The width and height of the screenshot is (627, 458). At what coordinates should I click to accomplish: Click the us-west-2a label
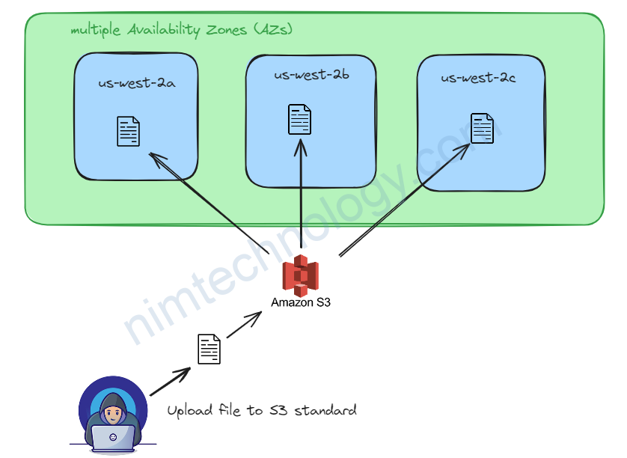coord(137,83)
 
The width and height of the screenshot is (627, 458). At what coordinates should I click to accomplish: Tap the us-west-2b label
coord(311,76)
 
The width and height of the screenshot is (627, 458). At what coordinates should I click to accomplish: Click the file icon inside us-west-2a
coord(128,132)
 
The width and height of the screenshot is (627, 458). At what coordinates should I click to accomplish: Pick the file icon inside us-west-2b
coord(300,120)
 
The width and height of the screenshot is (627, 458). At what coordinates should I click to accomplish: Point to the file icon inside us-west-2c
coord(482,128)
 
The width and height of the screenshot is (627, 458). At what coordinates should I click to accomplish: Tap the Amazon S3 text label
coord(301,303)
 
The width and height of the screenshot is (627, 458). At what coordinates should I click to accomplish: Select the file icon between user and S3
coord(209,349)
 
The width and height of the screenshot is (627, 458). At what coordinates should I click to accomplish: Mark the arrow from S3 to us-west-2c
coord(405,200)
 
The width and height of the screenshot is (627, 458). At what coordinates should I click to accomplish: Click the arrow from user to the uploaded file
coord(171,382)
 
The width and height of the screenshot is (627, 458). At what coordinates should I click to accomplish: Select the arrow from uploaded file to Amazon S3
coord(244,325)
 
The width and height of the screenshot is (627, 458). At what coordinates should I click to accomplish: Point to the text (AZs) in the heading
coord(272,31)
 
